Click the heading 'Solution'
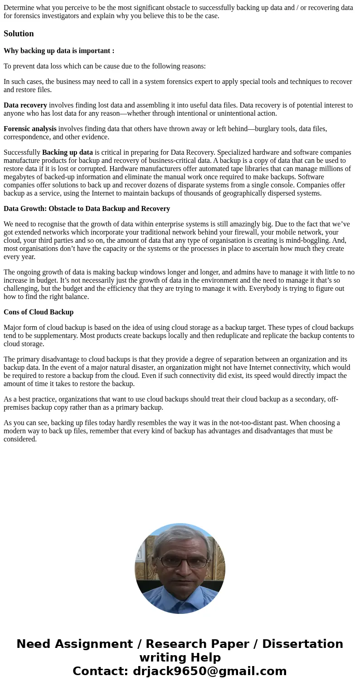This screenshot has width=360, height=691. (19, 34)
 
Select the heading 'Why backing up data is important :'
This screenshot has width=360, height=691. (59, 51)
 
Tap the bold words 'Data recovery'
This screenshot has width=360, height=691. (25, 105)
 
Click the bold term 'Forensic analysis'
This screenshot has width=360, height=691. (30, 129)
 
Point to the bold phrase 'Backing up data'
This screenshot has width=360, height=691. (67, 152)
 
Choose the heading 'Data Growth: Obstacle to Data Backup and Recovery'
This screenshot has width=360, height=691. (87, 209)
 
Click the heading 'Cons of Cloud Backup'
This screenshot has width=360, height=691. (39, 312)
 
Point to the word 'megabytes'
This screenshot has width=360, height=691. (19, 177)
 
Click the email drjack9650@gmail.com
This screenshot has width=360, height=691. (210, 671)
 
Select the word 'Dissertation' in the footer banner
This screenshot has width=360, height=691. (302, 644)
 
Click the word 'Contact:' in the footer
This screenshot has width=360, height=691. (100, 671)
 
